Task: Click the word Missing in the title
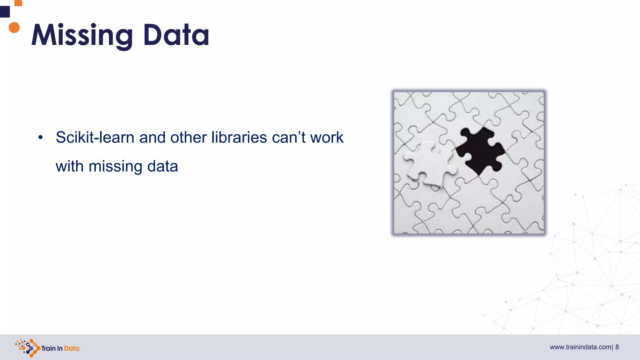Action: [82, 35]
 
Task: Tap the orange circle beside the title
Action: [14, 27]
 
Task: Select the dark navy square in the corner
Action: [5, 12]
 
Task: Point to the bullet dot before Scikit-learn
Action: [40, 137]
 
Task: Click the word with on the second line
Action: [69, 166]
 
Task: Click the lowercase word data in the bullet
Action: [162, 166]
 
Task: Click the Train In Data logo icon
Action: [27, 347]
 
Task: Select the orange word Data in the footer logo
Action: [72, 348]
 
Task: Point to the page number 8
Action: [617, 347]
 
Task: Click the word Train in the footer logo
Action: [48, 348]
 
